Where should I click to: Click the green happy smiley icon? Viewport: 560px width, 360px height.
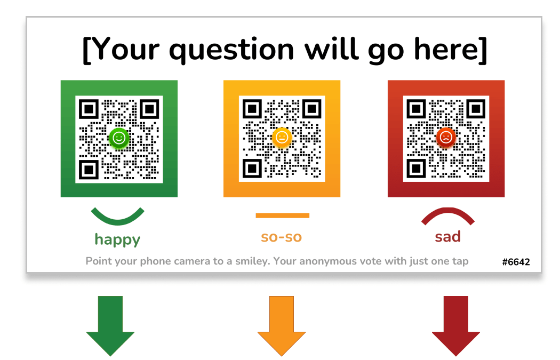coord(119,138)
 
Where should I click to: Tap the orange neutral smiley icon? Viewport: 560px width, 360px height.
coord(282,138)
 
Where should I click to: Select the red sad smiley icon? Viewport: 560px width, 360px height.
coord(446,138)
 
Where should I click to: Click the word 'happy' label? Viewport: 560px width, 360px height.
coord(117,240)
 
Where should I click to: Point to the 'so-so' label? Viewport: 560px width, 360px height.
coord(282,237)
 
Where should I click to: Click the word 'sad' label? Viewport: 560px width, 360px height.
coord(448,236)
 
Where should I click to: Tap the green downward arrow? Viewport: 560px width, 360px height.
coord(110,326)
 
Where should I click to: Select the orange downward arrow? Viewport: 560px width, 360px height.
coord(282,326)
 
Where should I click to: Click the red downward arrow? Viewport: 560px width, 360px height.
coord(455,326)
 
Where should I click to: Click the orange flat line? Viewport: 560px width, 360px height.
coord(283,215)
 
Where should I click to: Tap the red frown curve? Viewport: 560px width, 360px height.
coord(448,211)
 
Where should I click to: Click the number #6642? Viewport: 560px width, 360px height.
coord(516,262)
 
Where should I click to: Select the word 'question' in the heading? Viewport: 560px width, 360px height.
coord(231,50)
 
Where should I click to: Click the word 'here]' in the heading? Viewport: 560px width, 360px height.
coord(451,49)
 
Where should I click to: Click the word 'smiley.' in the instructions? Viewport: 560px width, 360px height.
coord(252,261)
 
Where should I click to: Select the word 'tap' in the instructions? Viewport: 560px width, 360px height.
coord(460,262)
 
